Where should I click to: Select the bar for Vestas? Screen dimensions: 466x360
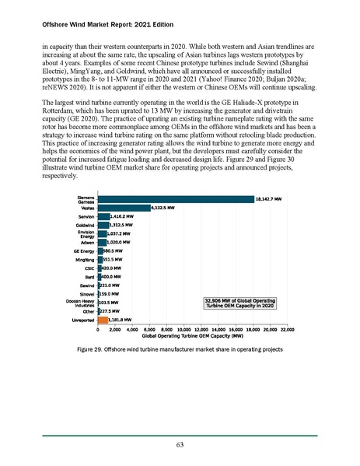(124, 208)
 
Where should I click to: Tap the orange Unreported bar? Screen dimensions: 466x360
(103, 319)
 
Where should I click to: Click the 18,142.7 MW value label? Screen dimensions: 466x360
(274, 200)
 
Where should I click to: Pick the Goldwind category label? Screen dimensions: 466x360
(86, 224)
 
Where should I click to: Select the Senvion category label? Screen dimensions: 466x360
(86, 215)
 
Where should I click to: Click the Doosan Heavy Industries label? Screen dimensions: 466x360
(82, 303)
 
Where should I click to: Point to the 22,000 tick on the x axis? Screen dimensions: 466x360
(287, 330)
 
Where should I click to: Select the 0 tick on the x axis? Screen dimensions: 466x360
(98, 330)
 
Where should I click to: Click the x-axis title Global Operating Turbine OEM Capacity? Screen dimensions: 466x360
(193, 336)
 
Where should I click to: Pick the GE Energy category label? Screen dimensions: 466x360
(84, 251)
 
